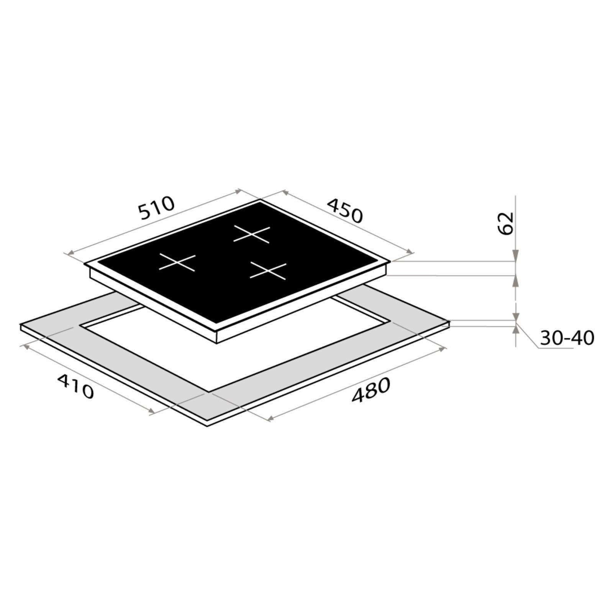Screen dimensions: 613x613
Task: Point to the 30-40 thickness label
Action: [567, 338]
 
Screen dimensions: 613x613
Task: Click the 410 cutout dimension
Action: [75, 386]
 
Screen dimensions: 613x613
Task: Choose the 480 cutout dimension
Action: [371, 390]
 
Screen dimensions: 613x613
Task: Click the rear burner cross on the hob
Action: [252, 234]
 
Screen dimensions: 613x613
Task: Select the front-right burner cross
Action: [268, 270]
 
